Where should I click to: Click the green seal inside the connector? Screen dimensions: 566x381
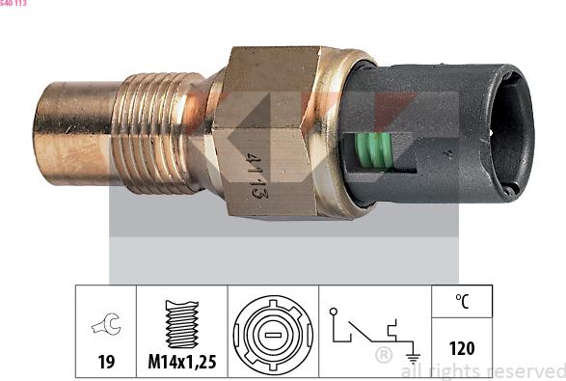point(373,151)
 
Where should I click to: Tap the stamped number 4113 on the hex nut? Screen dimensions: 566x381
point(256,176)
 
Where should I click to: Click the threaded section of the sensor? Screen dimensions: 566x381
point(158,133)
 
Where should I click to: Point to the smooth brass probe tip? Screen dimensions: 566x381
point(74,133)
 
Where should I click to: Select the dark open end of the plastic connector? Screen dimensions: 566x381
point(510,133)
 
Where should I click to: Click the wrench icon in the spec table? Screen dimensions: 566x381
point(106,323)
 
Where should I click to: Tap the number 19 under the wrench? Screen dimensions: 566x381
point(106,362)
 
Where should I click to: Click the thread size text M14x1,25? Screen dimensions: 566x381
point(182,362)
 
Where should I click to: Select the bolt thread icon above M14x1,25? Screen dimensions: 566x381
point(182,324)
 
